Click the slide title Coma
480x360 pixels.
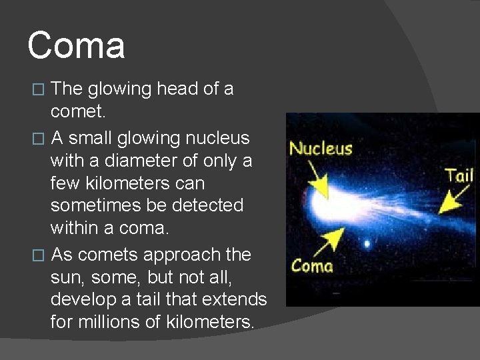point(76,46)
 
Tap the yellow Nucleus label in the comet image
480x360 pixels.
point(321,148)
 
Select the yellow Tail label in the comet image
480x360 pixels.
point(459,175)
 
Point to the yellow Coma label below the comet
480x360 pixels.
point(312,265)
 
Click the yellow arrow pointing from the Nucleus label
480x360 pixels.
point(317,178)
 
